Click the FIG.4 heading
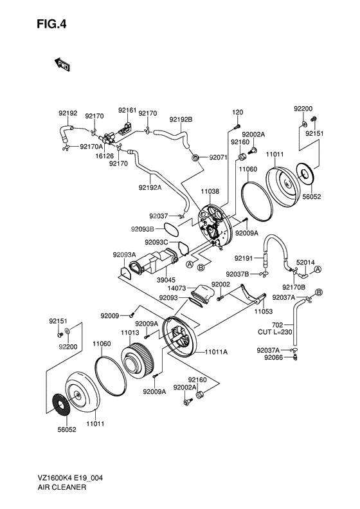tap(51, 24)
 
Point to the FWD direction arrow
tap(62, 64)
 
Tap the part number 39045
tap(166, 280)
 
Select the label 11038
tap(210, 191)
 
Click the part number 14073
tap(177, 288)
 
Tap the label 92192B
tap(181, 120)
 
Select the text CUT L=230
tap(275, 332)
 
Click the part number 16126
tap(104, 156)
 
